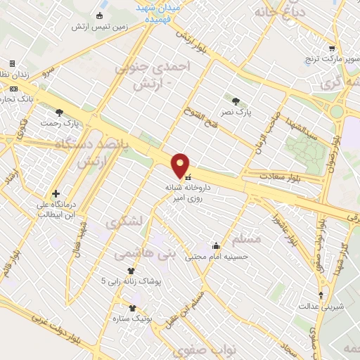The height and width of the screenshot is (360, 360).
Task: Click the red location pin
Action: [181, 165]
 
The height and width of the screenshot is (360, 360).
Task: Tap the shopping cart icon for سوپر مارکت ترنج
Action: [331, 48]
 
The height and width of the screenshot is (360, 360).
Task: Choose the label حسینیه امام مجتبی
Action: [217, 257]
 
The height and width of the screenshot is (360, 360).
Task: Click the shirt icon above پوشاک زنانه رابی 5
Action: [131, 270]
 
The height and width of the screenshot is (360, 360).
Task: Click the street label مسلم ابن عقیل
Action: [192, 308]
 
